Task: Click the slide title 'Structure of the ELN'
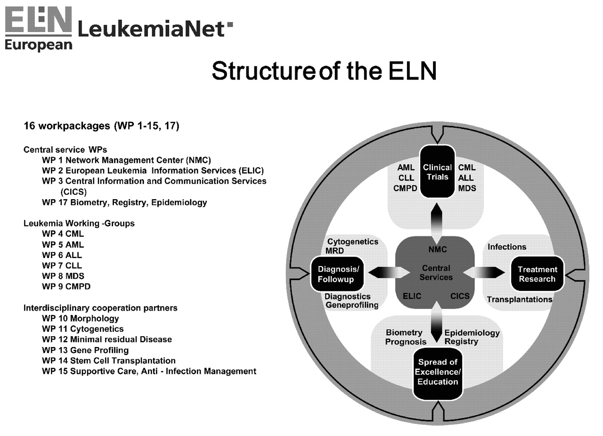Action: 324,71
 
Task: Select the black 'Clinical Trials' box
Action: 437,172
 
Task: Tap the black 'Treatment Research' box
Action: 537,274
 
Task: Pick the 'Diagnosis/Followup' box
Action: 338,274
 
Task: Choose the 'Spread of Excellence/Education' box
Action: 438,372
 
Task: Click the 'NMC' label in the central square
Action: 438,249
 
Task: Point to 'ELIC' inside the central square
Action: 412,297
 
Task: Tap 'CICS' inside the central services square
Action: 460,297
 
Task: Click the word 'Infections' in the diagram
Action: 507,247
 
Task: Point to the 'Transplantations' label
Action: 520,299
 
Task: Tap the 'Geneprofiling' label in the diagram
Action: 352,305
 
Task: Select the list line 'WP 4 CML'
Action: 63,234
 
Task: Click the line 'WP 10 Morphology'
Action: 80,318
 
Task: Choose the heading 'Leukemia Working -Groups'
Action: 79,223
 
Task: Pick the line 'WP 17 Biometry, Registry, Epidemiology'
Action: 124,202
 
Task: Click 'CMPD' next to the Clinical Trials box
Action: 405,188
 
